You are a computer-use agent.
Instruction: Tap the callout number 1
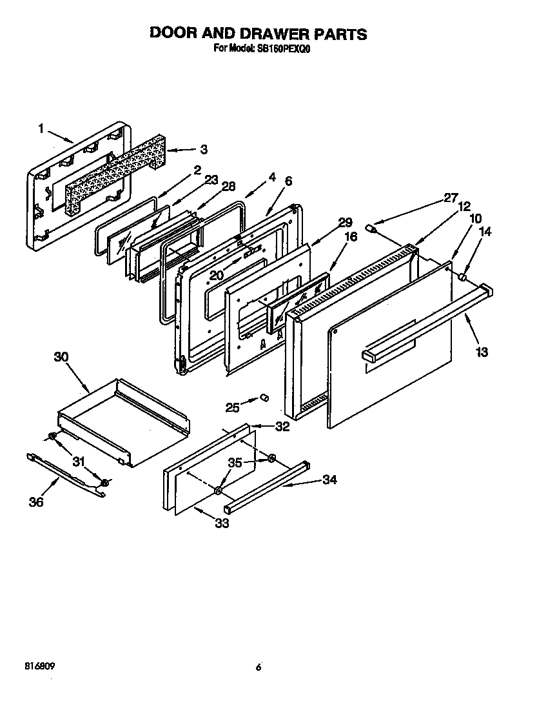tap(42, 129)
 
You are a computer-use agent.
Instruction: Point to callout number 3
tap(204, 150)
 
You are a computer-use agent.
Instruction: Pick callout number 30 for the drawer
tap(61, 357)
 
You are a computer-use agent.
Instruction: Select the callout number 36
tap(37, 502)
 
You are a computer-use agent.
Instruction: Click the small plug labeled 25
tap(263, 398)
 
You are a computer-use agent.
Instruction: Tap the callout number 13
tap(482, 352)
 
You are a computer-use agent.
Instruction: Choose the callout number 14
tap(486, 232)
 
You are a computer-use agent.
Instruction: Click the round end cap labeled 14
tap(462, 276)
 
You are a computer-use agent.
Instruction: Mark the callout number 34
tap(329, 480)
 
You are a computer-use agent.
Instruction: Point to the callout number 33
tap(221, 523)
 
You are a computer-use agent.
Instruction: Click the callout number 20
tap(216, 275)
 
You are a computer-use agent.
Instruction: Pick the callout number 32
tap(282, 427)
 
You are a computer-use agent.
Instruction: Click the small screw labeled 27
tap(371, 228)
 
